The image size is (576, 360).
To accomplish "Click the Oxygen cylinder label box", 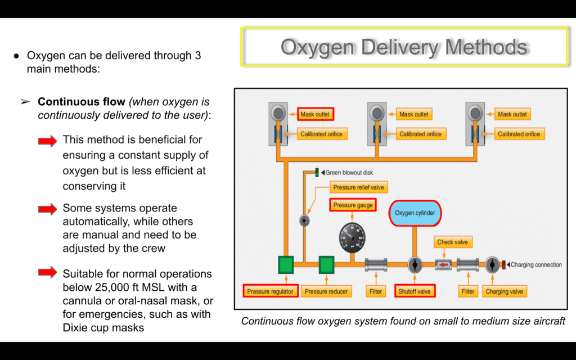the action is click(x=415, y=213).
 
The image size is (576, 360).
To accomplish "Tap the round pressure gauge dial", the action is click(x=352, y=237).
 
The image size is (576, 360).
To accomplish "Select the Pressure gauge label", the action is click(x=353, y=205).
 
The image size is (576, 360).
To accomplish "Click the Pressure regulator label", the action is click(x=270, y=291).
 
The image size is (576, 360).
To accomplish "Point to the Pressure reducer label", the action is click(x=326, y=291).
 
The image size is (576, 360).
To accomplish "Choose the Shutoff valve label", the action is click(x=415, y=291).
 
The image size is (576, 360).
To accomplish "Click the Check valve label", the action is click(x=453, y=242).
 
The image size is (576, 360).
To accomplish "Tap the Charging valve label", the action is click(x=504, y=291).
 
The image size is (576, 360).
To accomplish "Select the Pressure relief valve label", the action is click(x=358, y=187).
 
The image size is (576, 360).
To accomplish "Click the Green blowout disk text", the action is click(x=349, y=173).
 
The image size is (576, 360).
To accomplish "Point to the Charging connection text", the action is click(x=536, y=265).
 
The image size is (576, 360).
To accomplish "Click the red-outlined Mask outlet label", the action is click(x=315, y=114).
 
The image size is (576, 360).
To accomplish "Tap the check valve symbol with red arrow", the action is click(x=443, y=265).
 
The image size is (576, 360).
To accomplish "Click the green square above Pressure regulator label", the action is click(x=286, y=265).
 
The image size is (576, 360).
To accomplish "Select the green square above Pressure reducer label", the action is click(x=326, y=265).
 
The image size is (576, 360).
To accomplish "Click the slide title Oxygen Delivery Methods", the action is click(x=404, y=47).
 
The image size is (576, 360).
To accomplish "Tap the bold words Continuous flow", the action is click(x=82, y=101).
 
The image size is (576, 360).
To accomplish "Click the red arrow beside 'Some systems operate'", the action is click(x=48, y=209).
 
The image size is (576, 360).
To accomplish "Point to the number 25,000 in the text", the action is click(x=109, y=287).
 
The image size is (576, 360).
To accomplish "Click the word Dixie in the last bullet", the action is click(x=75, y=327).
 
